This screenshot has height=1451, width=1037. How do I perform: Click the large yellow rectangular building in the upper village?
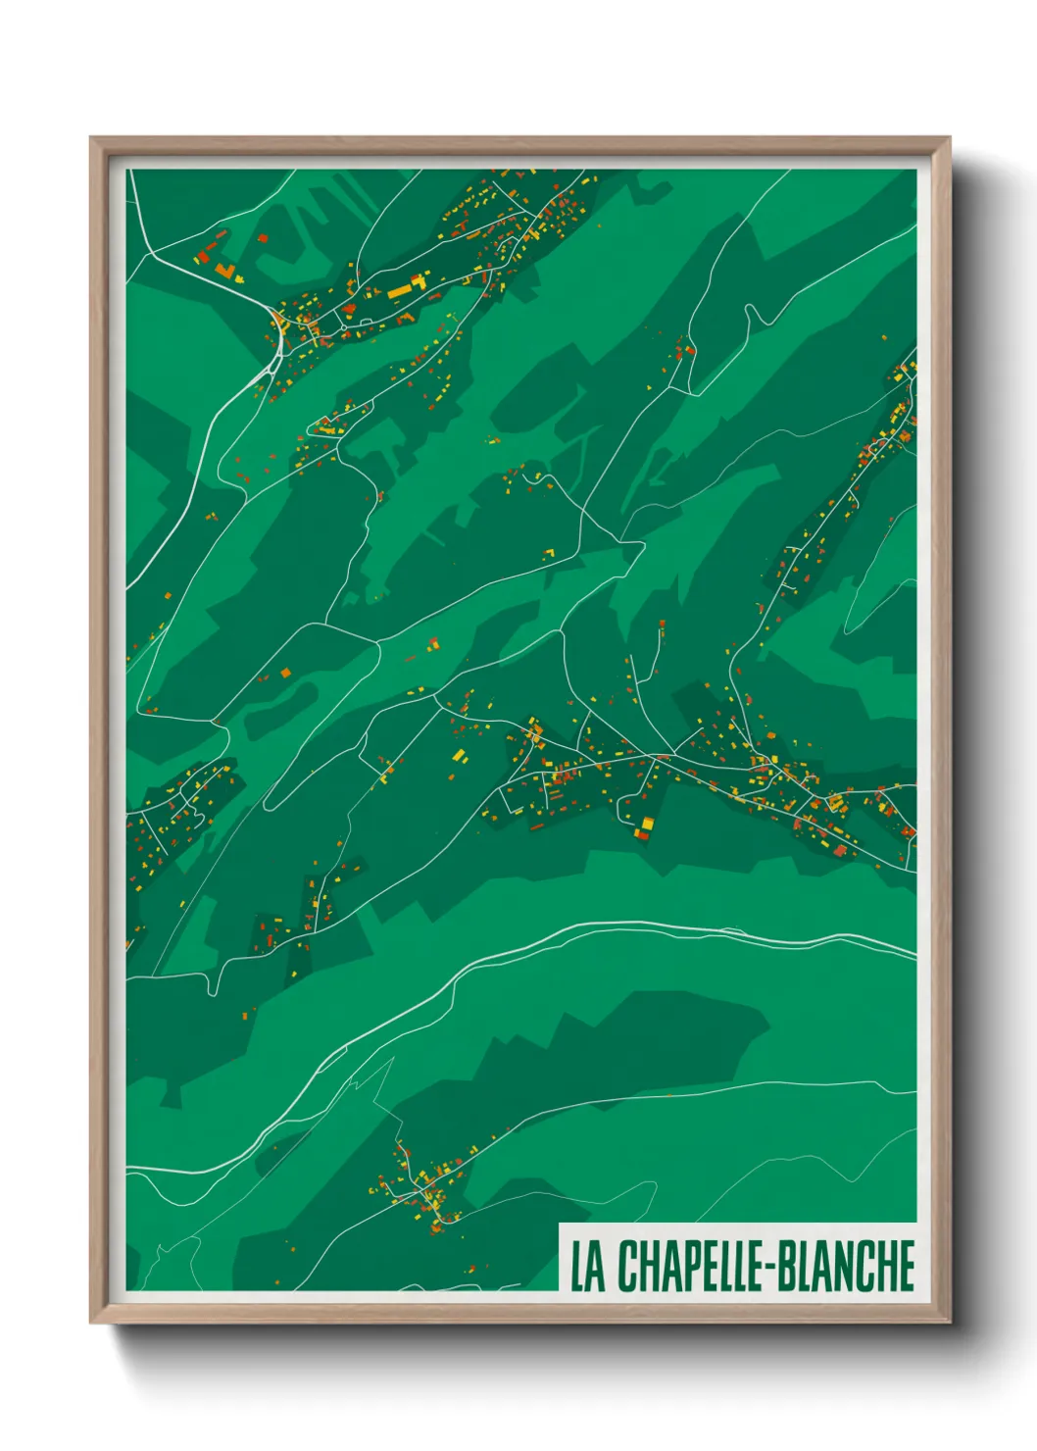400,290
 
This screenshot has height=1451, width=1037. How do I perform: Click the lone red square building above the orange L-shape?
262,237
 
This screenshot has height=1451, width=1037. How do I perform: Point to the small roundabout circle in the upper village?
343,326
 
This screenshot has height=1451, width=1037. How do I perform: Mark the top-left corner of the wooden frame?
92,139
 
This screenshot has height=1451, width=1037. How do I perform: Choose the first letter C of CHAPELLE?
626,1266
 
